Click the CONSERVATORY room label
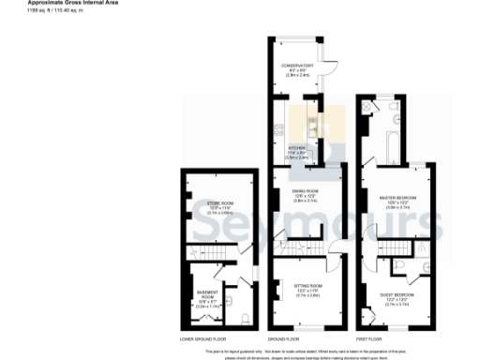pyautogui.click(x=299, y=65)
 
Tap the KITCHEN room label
pyautogui.click(x=297, y=147)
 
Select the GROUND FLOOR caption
pyautogui.click(x=284, y=337)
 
